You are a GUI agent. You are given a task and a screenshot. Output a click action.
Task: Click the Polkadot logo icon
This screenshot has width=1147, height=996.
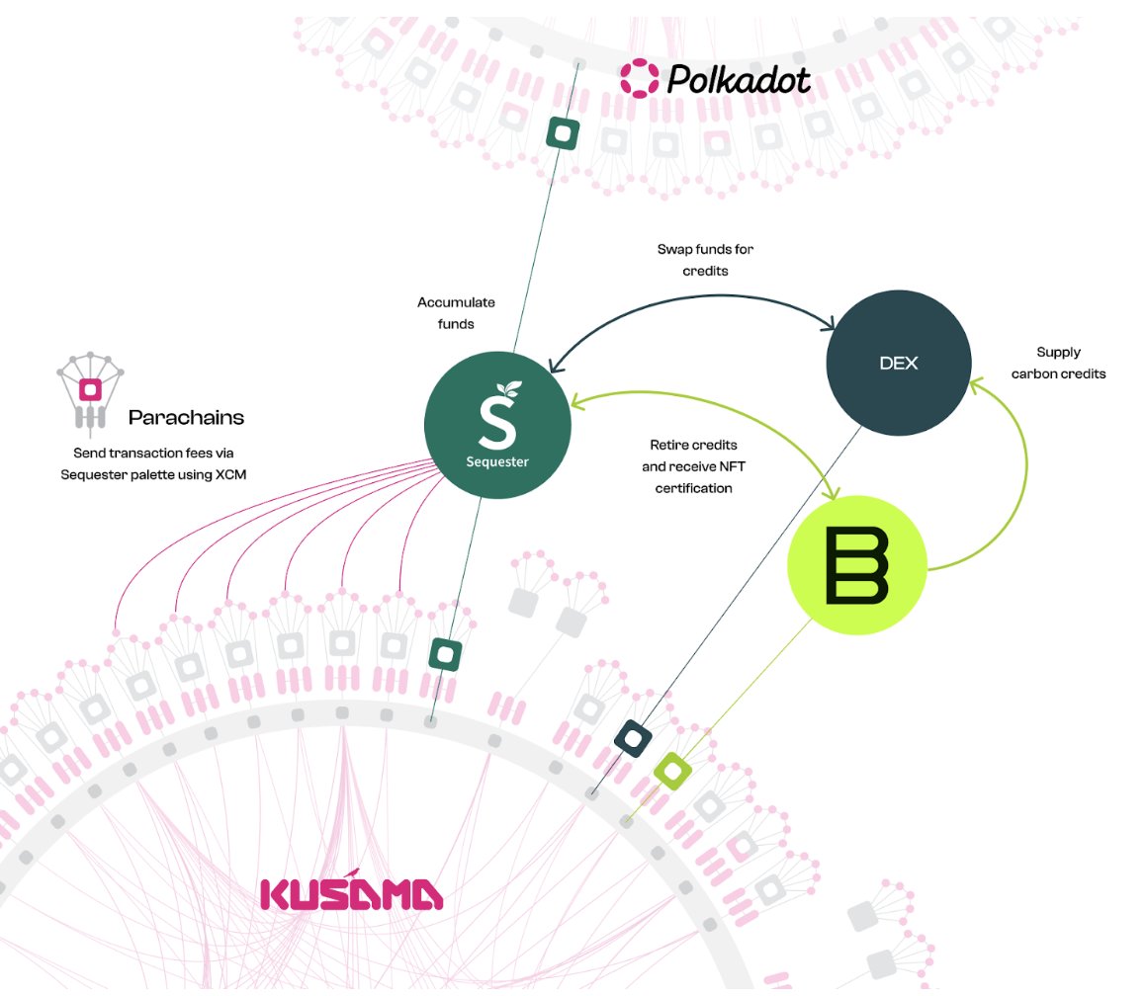pyautogui.click(x=639, y=78)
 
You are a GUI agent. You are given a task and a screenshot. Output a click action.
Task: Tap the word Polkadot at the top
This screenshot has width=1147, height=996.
pyautogui.click(x=739, y=79)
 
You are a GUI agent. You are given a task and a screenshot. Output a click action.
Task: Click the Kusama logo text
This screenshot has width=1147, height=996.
pyautogui.click(x=351, y=893)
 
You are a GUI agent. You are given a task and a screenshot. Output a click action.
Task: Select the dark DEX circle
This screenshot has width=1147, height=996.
pyautogui.click(x=898, y=363)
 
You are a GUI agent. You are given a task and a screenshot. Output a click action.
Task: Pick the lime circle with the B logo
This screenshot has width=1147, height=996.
pyautogui.click(x=856, y=564)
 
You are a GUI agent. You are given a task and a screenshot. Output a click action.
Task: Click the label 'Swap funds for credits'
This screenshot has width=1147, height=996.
pyautogui.click(x=705, y=260)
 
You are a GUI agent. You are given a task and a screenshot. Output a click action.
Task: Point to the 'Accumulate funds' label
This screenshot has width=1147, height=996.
pyautogui.click(x=456, y=312)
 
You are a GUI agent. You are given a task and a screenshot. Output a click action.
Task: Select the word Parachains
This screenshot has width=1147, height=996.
pyautogui.click(x=186, y=418)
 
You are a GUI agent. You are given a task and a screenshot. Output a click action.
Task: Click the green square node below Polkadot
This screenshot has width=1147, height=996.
pyautogui.click(x=564, y=131)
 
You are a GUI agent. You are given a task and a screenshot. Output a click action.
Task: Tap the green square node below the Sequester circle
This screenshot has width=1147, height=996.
pyautogui.click(x=445, y=653)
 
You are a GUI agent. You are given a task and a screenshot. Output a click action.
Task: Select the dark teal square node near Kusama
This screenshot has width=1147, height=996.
pyautogui.click(x=632, y=736)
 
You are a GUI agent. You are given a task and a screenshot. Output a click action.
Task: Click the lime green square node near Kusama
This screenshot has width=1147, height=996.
pyautogui.click(x=671, y=770)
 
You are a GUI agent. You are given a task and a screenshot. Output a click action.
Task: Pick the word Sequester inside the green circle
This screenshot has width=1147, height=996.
pyautogui.click(x=497, y=461)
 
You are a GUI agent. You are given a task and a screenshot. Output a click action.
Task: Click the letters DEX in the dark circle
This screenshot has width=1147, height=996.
pyautogui.click(x=898, y=363)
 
